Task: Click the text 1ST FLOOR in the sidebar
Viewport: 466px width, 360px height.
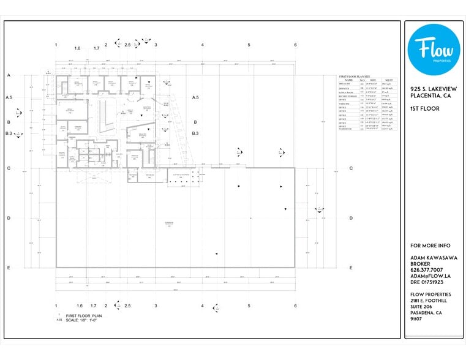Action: coord(423,108)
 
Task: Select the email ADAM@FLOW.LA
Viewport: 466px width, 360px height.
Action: coord(430,276)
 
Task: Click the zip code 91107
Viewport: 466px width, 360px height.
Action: coord(416,318)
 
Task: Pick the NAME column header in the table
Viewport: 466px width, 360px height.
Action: coord(348,80)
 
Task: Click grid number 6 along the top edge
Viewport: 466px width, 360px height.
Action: coord(295,45)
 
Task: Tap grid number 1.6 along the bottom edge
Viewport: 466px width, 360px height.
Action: coord(79,306)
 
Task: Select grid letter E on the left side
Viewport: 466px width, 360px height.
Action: coord(9,268)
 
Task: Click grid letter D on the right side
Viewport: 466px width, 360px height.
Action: coord(351,218)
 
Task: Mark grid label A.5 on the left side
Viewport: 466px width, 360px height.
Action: coord(9,97)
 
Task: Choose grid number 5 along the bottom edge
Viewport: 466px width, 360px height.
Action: coord(249,306)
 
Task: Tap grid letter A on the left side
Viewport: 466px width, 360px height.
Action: coord(9,75)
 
